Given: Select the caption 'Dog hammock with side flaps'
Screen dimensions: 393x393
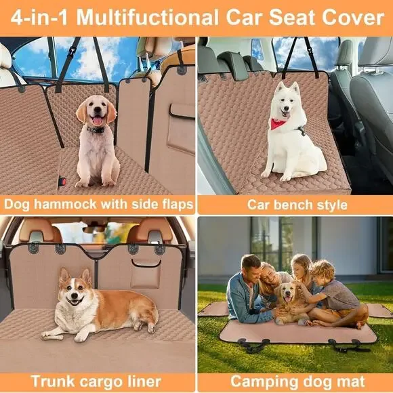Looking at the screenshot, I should [x=98, y=204].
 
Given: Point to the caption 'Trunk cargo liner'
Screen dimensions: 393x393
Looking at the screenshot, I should [x=98, y=380].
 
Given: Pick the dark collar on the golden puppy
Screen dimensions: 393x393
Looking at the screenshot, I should [x=96, y=129].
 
